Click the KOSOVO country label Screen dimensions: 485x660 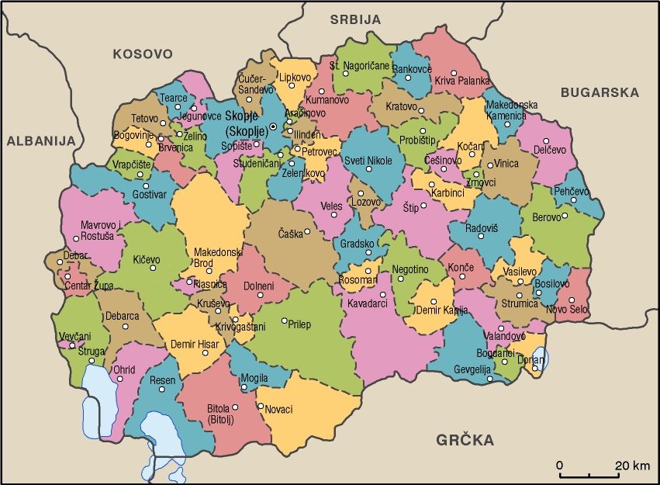coord(141,54)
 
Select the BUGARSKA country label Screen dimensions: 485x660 coord(600,92)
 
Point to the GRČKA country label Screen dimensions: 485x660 coord(465,441)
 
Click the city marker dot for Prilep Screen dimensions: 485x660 coord(284,320)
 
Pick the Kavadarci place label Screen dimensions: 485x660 coord(368,303)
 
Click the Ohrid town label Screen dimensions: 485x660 coord(125,369)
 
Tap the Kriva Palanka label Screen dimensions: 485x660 coord(461,81)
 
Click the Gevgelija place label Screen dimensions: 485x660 coord(473,368)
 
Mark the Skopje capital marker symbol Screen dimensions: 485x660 coord(273,126)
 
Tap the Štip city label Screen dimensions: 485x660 coord(411,208)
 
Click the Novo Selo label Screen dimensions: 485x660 coord(568,310)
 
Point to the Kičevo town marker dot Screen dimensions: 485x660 coord(153,268)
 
